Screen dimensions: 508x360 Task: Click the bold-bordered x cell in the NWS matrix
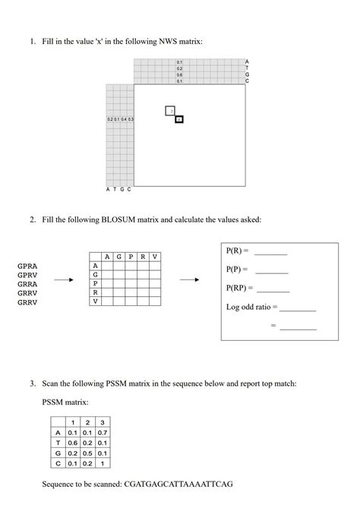179,119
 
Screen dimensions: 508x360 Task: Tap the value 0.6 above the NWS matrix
179,74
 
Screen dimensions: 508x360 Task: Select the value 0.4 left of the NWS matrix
124,119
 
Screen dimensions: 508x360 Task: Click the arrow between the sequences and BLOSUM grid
64,279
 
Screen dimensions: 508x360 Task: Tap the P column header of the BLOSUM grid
131,257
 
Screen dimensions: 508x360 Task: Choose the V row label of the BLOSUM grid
95,301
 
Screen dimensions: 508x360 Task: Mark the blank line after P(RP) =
273,291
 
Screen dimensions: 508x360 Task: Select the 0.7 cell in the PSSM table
102,432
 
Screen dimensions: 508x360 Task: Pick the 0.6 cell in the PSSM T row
73,443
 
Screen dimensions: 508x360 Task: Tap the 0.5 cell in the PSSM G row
87,453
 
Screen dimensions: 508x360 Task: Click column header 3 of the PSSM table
102,422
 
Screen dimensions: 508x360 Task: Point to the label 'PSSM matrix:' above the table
65,400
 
